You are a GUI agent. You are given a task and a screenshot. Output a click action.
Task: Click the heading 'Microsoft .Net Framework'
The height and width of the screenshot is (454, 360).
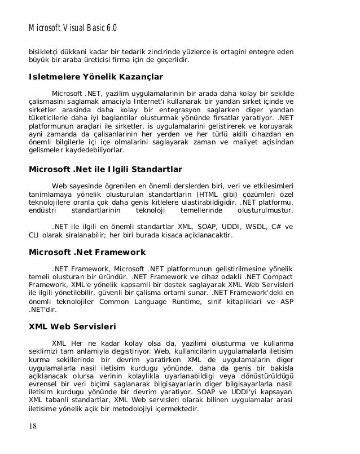tap(87, 252)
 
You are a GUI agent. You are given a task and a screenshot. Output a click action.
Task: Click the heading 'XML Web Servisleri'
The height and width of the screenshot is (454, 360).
tap(72, 325)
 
